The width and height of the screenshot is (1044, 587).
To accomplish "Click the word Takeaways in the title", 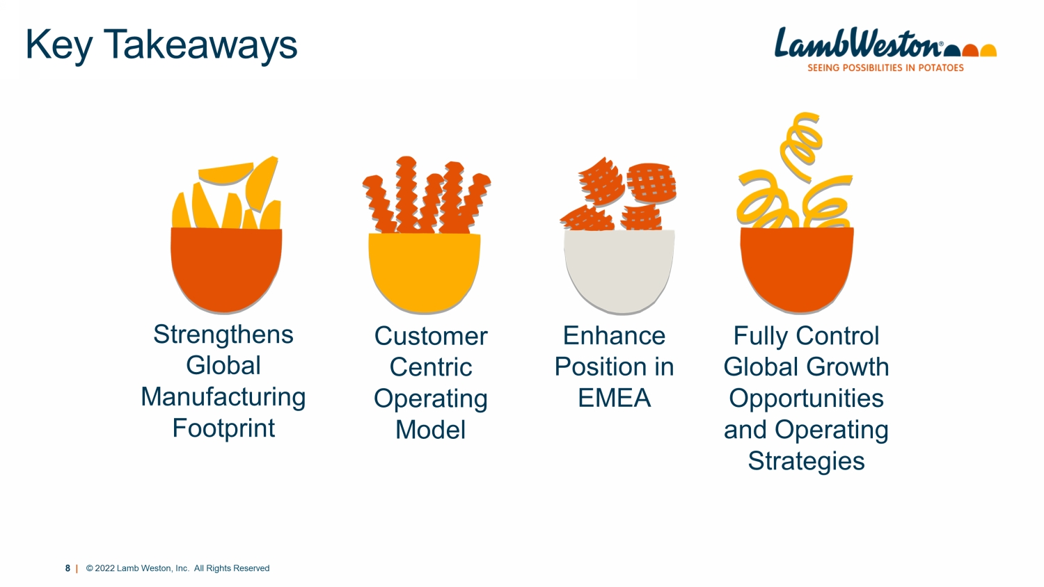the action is click(200, 46).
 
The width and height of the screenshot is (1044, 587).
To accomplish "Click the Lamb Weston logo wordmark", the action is click(858, 43).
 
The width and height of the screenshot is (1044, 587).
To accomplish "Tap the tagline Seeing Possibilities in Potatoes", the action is click(885, 68).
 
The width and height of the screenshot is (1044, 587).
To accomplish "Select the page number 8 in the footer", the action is click(68, 568).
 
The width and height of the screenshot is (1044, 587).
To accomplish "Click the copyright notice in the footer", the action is click(177, 568).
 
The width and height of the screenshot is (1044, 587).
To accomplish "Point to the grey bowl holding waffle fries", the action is click(619, 271).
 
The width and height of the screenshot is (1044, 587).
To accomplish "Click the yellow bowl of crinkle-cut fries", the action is click(424, 273).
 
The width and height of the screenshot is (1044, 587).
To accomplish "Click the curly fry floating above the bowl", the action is click(801, 145).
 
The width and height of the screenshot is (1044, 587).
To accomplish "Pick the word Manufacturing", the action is click(223, 398).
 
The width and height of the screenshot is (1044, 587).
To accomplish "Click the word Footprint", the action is click(223, 428).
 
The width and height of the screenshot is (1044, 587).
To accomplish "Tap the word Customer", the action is click(431, 336).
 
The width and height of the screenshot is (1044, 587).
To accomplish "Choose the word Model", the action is click(431, 430).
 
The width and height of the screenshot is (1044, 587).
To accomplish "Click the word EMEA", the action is click(615, 398).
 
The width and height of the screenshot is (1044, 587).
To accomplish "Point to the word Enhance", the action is click(615, 335).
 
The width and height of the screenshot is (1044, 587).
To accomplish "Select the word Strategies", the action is click(806, 461).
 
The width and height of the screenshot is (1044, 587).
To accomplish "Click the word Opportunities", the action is click(806, 399).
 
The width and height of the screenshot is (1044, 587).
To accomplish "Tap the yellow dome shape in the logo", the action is click(988, 50).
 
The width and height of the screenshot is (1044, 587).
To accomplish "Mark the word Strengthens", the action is click(223, 335).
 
